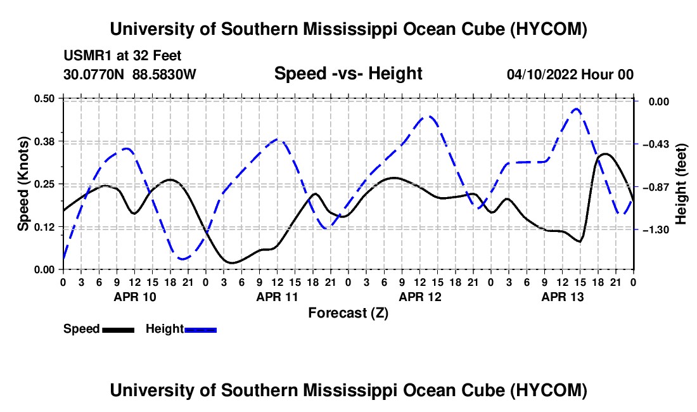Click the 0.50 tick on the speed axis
click(x=44, y=98)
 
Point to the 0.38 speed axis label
click(x=44, y=141)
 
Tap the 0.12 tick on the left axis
click(x=44, y=227)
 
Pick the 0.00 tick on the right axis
click(x=658, y=102)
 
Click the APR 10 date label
click(x=135, y=297)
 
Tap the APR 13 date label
click(x=562, y=297)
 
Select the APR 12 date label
click(x=420, y=297)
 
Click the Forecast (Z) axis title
click(x=348, y=313)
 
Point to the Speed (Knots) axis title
click(x=23, y=184)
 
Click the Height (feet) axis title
click(x=681, y=184)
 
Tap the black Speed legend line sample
click(x=118, y=330)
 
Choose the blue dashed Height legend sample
click(x=200, y=330)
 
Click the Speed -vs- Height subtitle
click(x=348, y=74)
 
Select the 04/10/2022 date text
click(x=542, y=74)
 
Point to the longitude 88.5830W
click(x=164, y=74)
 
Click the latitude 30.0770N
click(x=94, y=74)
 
